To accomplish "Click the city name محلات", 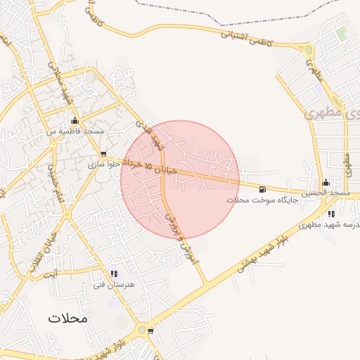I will (x=68, y=318).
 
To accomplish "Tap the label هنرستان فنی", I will (x=108, y=286).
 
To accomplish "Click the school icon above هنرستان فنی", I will (x=114, y=274).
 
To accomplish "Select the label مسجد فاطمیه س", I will (x=75, y=131).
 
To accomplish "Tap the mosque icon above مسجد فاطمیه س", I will (x=75, y=120).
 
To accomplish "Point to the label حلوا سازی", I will (x=103, y=165).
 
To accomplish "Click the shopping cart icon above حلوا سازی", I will (x=104, y=154).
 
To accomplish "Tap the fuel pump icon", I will (x=262, y=188).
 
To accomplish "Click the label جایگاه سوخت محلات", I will (x=263, y=200).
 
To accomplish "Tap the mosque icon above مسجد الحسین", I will (x=326, y=182).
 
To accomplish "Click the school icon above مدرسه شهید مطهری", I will (x=331, y=214).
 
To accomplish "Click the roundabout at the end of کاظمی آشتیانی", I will (x=308, y=49).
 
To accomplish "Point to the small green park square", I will (x=341, y=32).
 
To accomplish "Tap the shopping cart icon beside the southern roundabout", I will (x=150, y=330).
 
